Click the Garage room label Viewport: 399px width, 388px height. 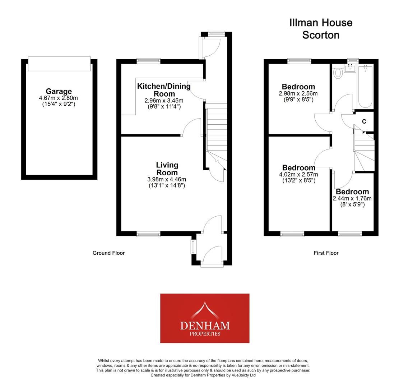click(x=59, y=91)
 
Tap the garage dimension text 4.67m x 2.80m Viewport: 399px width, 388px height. click(x=59, y=98)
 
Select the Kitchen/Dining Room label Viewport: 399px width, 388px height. click(x=164, y=90)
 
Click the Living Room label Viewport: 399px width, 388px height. click(x=167, y=168)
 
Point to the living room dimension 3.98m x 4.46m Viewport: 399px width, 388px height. click(x=167, y=180)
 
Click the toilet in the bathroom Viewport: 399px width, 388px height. click(x=338, y=73)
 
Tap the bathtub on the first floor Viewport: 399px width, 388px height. click(x=365, y=86)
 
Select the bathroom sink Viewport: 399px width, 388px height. click(x=349, y=68)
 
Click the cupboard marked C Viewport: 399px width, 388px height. click(x=364, y=121)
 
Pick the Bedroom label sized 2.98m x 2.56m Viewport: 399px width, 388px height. click(x=298, y=87)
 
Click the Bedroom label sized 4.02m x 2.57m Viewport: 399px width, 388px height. click(x=298, y=168)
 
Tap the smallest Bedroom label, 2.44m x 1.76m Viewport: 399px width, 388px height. click(x=352, y=192)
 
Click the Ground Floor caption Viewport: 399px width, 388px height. click(x=108, y=253)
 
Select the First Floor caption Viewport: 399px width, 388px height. click(x=326, y=253)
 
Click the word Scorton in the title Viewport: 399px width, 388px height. click(x=320, y=35)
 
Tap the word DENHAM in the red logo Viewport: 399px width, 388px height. click(x=205, y=326)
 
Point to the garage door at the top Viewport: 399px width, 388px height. click(x=59, y=64)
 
